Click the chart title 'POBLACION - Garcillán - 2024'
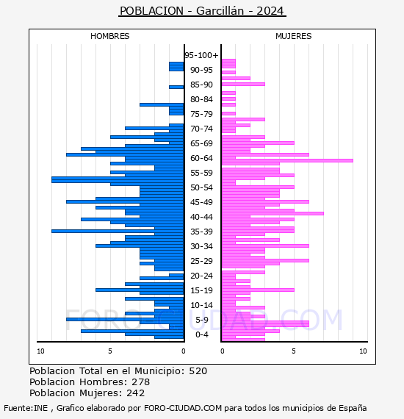click(x=202, y=11)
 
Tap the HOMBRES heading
click(x=109, y=36)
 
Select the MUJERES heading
click(x=294, y=36)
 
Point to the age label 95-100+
click(x=201, y=55)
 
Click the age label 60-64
click(x=201, y=158)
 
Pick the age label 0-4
click(x=201, y=334)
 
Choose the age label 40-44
click(x=201, y=217)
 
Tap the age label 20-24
click(x=201, y=276)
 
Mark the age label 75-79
click(x=201, y=114)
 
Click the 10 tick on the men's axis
click(x=40, y=351)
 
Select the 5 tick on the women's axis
click(x=294, y=351)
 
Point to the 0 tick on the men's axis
click(x=183, y=351)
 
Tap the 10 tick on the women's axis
click(x=363, y=351)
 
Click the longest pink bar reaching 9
click(x=287, y=160)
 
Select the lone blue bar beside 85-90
click(x=176, y=87)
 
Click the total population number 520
click(x=198, y=371)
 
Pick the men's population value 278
click(x=141, y=382)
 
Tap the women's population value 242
click(x=136, y=393)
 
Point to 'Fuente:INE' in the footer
click(x=26, y=408)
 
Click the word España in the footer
click(x=353, y=408)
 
